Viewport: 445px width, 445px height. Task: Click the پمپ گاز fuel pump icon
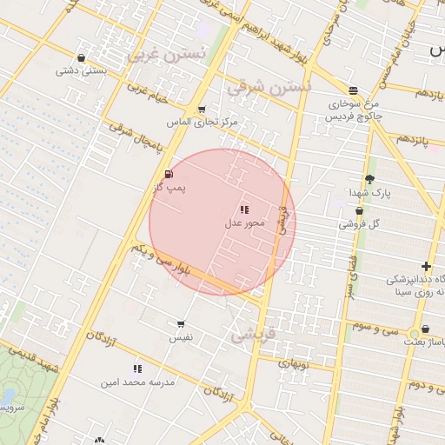[168, 175]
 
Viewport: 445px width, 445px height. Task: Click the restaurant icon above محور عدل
[244, 209]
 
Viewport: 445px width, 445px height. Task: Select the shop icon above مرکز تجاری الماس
[202, 110]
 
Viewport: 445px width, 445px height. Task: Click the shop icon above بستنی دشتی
[81, 58]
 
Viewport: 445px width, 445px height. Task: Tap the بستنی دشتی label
[81, 71]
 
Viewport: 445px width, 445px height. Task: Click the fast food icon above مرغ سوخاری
[353, 90]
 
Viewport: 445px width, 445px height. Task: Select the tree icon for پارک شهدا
[370, 179]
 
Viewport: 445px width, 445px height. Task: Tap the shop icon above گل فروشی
[359, 211]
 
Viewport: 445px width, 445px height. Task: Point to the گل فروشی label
[360, 224]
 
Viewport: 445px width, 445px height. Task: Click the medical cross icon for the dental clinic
[426, 266]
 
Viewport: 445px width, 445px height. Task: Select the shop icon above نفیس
[181, 323]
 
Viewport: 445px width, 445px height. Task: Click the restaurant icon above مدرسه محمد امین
[137, 369]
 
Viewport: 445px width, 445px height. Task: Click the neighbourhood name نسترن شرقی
[268, 88]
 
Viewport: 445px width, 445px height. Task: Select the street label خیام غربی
[147, 92]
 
